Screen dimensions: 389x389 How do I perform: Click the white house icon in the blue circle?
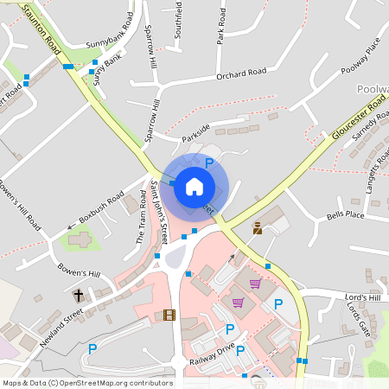click(194, 186)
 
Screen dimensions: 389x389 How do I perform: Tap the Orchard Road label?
click(242, 74)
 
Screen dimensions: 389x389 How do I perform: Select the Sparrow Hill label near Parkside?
click(153, 120)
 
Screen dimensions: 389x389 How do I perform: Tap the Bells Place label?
click(346, 214)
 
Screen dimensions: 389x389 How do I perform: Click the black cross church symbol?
click(78, 295)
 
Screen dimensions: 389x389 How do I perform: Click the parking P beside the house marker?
click(209, 163)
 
